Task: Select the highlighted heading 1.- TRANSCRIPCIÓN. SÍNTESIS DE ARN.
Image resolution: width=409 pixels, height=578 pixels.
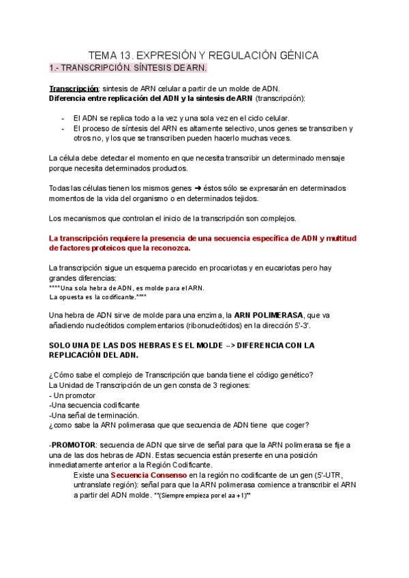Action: [128, 69]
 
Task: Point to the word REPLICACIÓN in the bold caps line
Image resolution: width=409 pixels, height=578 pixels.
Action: [78, 355]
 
